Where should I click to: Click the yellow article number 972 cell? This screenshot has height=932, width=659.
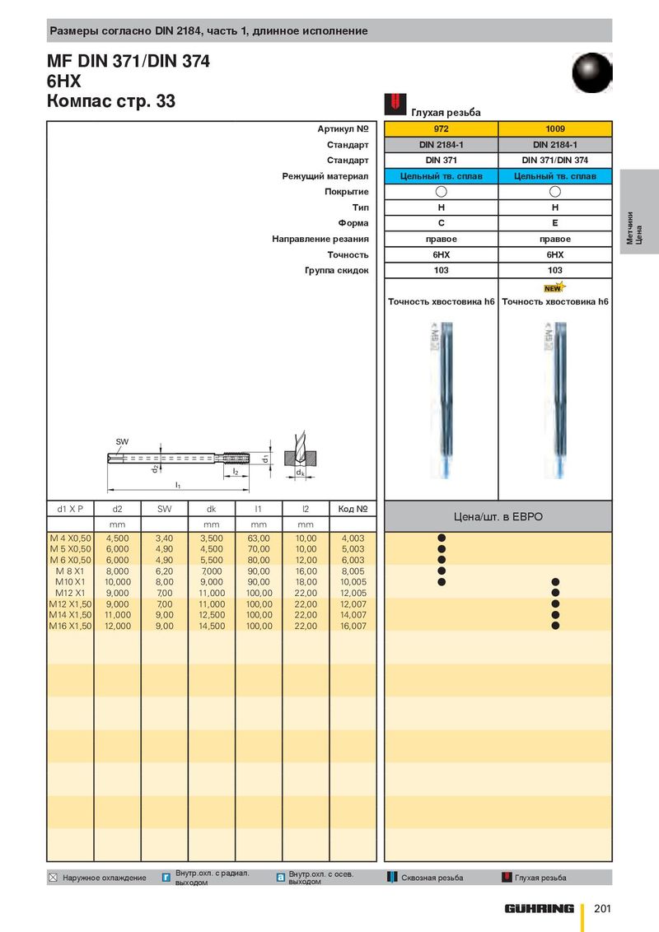[x=441, y=129]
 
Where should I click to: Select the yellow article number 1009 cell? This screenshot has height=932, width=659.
[x=555, y=129]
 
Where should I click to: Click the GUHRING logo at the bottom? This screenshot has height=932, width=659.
[x=540, y=908]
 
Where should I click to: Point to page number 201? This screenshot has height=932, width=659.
[x=601, y=908]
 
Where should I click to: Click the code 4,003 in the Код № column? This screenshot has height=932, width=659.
[x=353, y=538]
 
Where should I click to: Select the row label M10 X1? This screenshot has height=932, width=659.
[x=70, y=582]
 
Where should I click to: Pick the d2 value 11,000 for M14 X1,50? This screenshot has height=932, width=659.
[x=118, y=615]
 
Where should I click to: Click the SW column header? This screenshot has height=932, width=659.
[x=165, y=509]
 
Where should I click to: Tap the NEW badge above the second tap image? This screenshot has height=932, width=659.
[x=553, y=288]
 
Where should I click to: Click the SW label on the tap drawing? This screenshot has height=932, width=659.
[x=122, y=442]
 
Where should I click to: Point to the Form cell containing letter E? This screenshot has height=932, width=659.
[x=555, y=223]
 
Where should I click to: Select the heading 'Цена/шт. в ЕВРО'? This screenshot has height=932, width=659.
[x=498, y=516]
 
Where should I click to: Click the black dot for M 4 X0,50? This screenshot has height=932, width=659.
[x=442, y=538]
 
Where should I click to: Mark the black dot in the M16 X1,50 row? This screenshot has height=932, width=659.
[x=555, y=626]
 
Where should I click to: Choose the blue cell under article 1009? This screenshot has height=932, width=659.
[x=555, y=176]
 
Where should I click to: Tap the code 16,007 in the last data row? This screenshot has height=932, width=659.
[x=353, y=626]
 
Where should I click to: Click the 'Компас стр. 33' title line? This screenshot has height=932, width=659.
[x=111, y=102]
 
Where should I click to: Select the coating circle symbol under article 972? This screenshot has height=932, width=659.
[x=441, y=192]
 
